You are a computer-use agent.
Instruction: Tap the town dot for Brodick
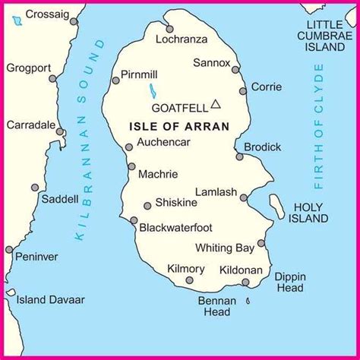click(x=239, y=156)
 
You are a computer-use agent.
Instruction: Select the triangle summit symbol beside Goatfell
click(x=216, y=104)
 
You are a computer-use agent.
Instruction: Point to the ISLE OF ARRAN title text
click(x=178, y=126)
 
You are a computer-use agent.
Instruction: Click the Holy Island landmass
click(x=276, y=205)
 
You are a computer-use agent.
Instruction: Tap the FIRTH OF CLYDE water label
click(x=318, y=125)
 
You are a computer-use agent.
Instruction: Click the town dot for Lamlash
click(x=243, y=197)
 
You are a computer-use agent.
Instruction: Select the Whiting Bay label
click(x=223, y=247)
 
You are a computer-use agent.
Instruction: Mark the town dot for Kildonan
click(x=245, y=283)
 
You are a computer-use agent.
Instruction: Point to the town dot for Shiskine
click(x=147, y=205)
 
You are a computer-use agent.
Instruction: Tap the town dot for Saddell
click(x=35, y=188)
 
